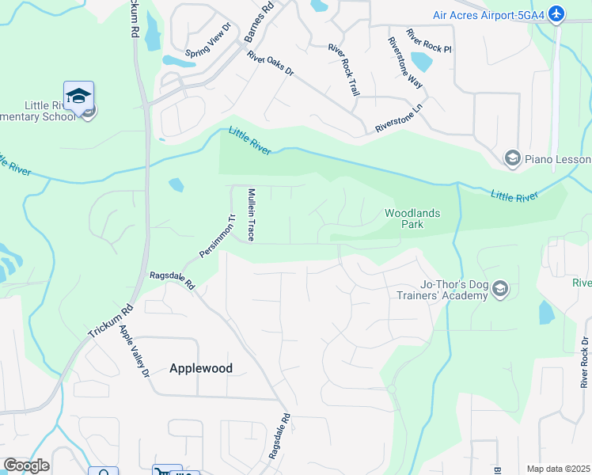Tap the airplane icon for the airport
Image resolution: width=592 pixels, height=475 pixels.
pyautogui.click(x=557, y=14)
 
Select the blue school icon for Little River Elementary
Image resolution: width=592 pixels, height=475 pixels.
pyautogui.click(x=79, y=96)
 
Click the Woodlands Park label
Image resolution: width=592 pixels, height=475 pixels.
pyautogui.click(x=412, y=218)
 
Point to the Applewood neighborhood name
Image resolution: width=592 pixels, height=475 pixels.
pyautogui.click(x=201, y=368)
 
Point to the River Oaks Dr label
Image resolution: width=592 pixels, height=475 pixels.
pyautogui.click(x=270, y=64)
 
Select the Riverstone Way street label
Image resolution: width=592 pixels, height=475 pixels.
pyautogui.click(x=404, y=62)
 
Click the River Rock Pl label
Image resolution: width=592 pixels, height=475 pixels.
pyautogui.click(x=428, y=41)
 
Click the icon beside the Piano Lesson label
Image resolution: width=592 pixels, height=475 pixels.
pyautogui.click(x=512, y=159)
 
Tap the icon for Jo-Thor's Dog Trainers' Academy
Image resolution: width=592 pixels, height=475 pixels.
pyautogui.click(x=499, y=290)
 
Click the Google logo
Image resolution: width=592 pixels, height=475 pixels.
pyautogui.click(x=26, y=465)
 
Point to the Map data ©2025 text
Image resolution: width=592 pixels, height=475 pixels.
pyautogui.click(x=558, y=469)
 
